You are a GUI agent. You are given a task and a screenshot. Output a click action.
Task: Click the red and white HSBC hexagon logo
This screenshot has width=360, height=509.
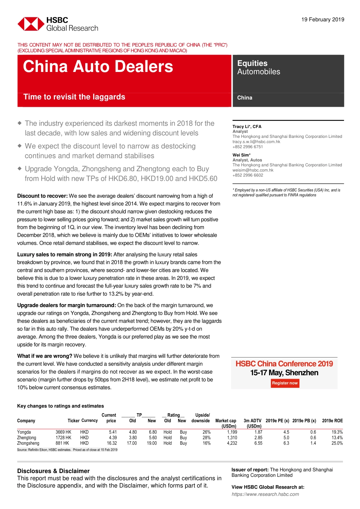(x=31, y=24)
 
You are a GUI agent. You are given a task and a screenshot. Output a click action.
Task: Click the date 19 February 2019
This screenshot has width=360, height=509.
(x=322, y=20)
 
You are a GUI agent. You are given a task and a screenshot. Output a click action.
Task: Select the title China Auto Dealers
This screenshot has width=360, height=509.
(x=98, y=67)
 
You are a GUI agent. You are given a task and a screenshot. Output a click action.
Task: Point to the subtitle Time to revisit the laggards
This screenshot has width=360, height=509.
(x=74, y=97)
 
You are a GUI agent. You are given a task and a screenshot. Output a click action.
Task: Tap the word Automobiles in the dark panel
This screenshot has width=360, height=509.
(x=258, y=72)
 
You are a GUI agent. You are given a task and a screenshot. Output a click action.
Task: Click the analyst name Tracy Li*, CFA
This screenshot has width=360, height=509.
(x=247, y=126)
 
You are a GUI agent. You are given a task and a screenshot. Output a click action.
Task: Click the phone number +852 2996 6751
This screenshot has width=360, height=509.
(x=247, y=147)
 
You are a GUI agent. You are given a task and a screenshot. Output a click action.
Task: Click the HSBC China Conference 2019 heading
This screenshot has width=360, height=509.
(x=284, y=364)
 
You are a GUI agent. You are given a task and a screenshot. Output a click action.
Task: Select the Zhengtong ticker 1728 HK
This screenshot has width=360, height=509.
(x=63, y=438)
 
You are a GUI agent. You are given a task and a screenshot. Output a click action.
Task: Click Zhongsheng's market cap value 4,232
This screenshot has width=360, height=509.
(x=232, y=443)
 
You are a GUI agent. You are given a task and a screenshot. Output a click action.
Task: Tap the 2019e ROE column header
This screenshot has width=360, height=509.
(x=332, y=421)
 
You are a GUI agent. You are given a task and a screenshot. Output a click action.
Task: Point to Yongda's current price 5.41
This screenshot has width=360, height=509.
(x=113, y=432)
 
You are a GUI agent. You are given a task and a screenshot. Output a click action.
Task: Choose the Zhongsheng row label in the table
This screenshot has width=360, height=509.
(x=28, y=443)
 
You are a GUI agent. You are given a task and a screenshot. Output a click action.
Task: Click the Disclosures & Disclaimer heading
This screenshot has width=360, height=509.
(x=53, y=471)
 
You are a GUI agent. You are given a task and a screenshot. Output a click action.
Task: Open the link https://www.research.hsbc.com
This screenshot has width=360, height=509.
(x=265, y=494)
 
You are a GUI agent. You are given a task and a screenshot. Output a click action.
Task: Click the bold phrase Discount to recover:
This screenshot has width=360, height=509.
(x=42, y=196)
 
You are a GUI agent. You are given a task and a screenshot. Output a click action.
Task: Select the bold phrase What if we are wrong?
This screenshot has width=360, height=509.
(x=45, y=356)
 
